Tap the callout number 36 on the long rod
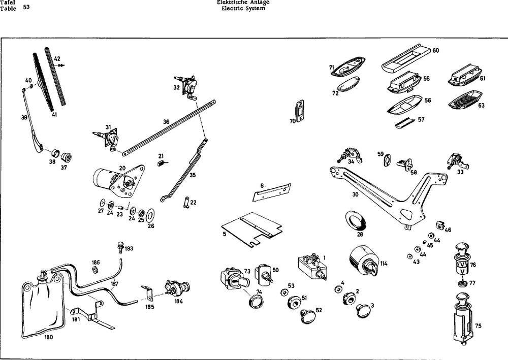point(166,122)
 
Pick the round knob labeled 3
point(364,310)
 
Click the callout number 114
point(384,264)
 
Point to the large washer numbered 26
point(151,214)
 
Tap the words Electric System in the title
point(240,9)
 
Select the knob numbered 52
point(308,316)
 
